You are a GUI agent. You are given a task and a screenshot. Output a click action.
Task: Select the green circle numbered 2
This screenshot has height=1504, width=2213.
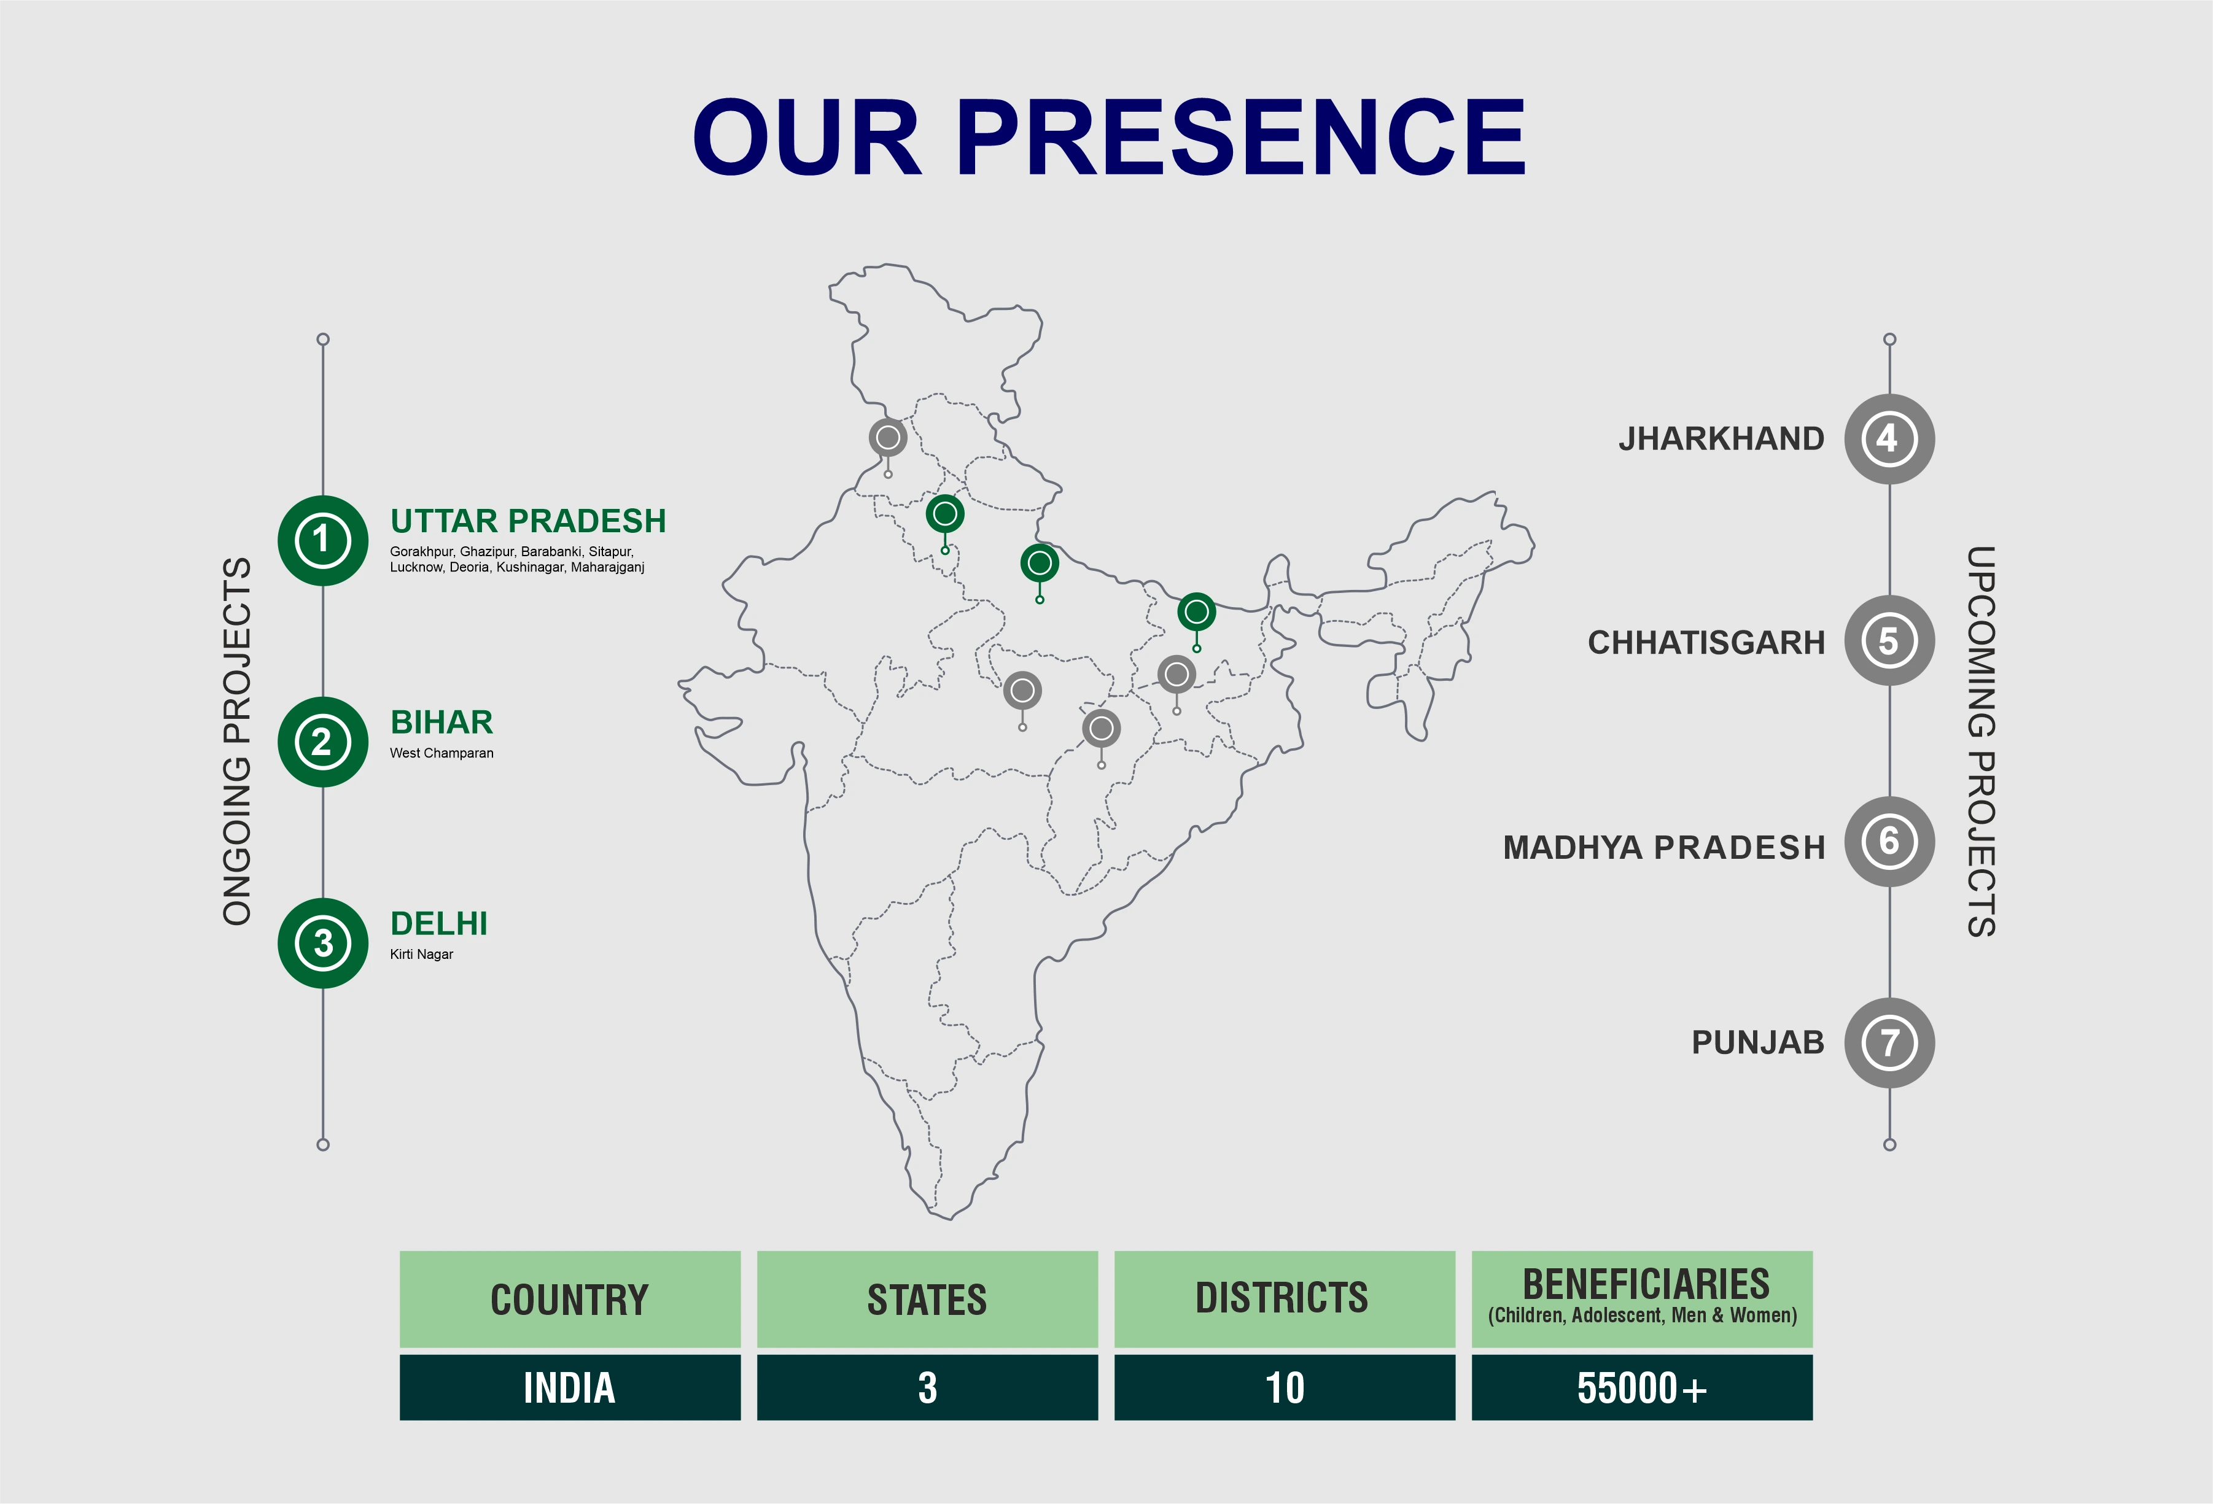click(x=323, y=742)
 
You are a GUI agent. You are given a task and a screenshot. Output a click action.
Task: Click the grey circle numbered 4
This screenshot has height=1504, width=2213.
click(x=1889, y=439)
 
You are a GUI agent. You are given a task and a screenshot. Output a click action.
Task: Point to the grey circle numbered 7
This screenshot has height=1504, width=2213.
click(x=1889, y=1042)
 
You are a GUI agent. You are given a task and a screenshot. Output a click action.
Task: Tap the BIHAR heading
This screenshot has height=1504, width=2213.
click(x=442, y=723)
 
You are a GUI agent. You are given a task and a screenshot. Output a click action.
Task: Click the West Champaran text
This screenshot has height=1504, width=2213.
click(x=442, y=753)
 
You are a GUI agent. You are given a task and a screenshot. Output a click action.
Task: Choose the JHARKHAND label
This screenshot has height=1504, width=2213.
click(x=1722, y=439)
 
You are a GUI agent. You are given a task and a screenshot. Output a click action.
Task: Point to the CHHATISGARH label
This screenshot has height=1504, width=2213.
click(x=1706, y=643)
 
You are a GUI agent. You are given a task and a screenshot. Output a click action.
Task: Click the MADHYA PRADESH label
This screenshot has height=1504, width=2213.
click(x=1663, y=847)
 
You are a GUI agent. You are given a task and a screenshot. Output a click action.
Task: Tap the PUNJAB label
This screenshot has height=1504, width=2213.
click(x=1758, y=1042)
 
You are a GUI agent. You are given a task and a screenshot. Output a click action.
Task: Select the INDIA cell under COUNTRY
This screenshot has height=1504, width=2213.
click(x=569, y=1388)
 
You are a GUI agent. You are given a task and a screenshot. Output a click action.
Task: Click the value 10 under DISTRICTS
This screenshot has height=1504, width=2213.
click(x=1285, y=1388)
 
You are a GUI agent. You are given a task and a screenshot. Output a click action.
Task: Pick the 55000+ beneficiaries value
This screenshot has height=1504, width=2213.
click(x=1642, y=1388)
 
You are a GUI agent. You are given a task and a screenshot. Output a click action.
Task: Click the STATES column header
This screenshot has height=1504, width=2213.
click(x=927, y=1300)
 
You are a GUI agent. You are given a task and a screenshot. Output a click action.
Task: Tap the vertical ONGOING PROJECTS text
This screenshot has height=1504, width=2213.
click(x=237, y=742)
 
